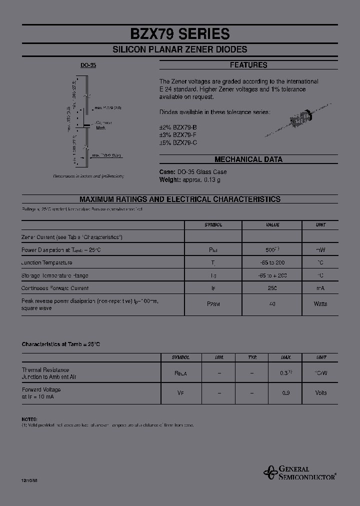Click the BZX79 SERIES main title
[180, 33]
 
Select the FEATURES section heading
[248, 65]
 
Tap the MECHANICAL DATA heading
[248, 159]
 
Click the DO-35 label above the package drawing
[88, 65]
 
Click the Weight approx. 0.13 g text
[189, 179]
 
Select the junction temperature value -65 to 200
[272, 262]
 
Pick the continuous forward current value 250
[272, 288]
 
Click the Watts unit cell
[320, 303]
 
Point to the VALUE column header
[272, 225]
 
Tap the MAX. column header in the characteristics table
[285, 357]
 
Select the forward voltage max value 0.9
[285, 393]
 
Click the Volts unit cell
[320, 393]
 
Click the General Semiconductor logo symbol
[270, 472]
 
